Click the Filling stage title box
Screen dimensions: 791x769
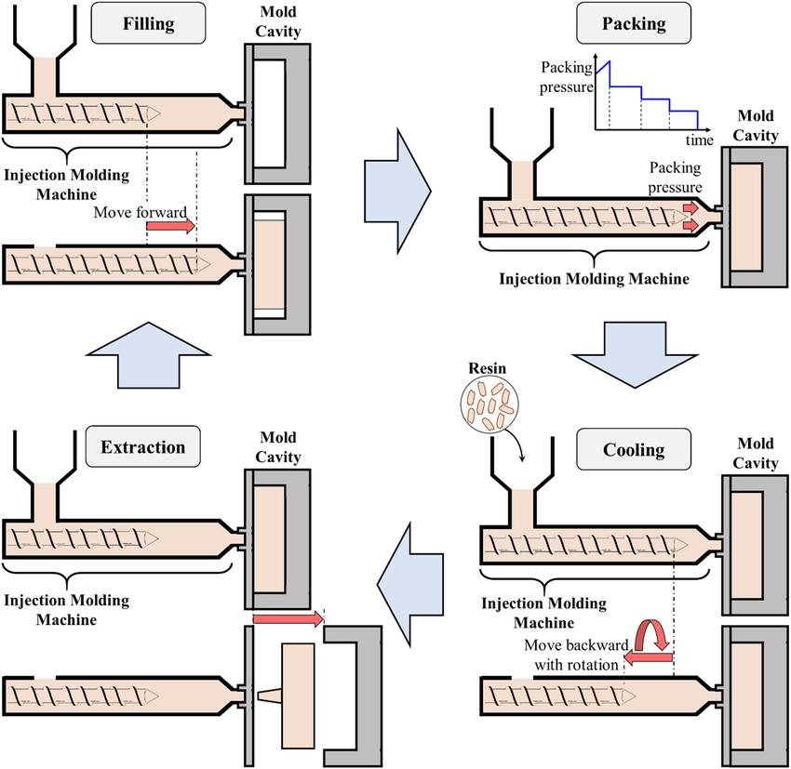(x=148, y=23)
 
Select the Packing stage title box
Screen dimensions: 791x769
(x=634, y=23)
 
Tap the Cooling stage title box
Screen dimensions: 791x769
(x=634, y=449)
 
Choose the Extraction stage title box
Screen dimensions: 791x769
(x=143, y=446)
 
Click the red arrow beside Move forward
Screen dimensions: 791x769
(x=170, y=226)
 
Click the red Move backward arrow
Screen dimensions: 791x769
(x=649, y=657)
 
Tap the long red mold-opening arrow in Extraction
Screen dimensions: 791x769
(x=288, y=618)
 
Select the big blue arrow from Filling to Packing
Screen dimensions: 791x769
(x=397, y=191)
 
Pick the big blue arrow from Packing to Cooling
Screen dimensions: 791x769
(x=634, y=355)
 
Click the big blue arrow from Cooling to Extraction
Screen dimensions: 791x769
(x=410, y=585)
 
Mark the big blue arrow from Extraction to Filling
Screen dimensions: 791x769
(x=148, y=355)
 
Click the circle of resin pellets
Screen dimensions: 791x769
(x=489, y=404)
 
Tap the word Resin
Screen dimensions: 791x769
(x=487, y=368)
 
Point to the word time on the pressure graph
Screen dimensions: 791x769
(x=699, y=139)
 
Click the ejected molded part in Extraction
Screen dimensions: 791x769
(x=298, y=696)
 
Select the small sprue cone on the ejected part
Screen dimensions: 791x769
(x=269, y=696)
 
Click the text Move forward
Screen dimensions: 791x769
(x=141, y=212)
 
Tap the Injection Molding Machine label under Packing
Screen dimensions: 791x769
(x=594, y=279)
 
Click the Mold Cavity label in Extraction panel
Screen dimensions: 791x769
(x=278, y=446)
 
